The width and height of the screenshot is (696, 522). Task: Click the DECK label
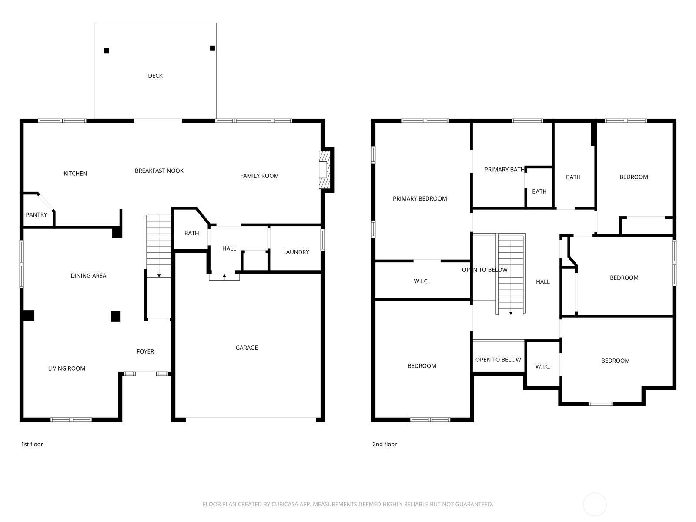155,76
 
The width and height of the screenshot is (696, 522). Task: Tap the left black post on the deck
107,50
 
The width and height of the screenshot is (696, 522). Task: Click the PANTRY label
37,215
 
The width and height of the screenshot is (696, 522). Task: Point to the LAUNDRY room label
296,252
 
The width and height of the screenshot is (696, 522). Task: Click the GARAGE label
247,348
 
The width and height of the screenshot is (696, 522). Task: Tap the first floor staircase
159,246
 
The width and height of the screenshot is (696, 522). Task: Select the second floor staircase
511,274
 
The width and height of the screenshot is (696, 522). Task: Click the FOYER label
145,351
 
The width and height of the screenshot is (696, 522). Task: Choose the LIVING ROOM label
67,368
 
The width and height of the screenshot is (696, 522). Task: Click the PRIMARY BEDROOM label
420,199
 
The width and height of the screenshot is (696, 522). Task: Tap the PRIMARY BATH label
504,170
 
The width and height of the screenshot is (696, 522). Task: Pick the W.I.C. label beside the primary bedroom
421,281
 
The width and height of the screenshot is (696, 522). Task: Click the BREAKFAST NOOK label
159,171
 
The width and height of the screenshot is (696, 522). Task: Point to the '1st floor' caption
32,444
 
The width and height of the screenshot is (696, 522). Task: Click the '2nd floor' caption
385,444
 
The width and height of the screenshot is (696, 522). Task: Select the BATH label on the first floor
191,233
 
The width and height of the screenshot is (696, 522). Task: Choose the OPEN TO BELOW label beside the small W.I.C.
498,360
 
